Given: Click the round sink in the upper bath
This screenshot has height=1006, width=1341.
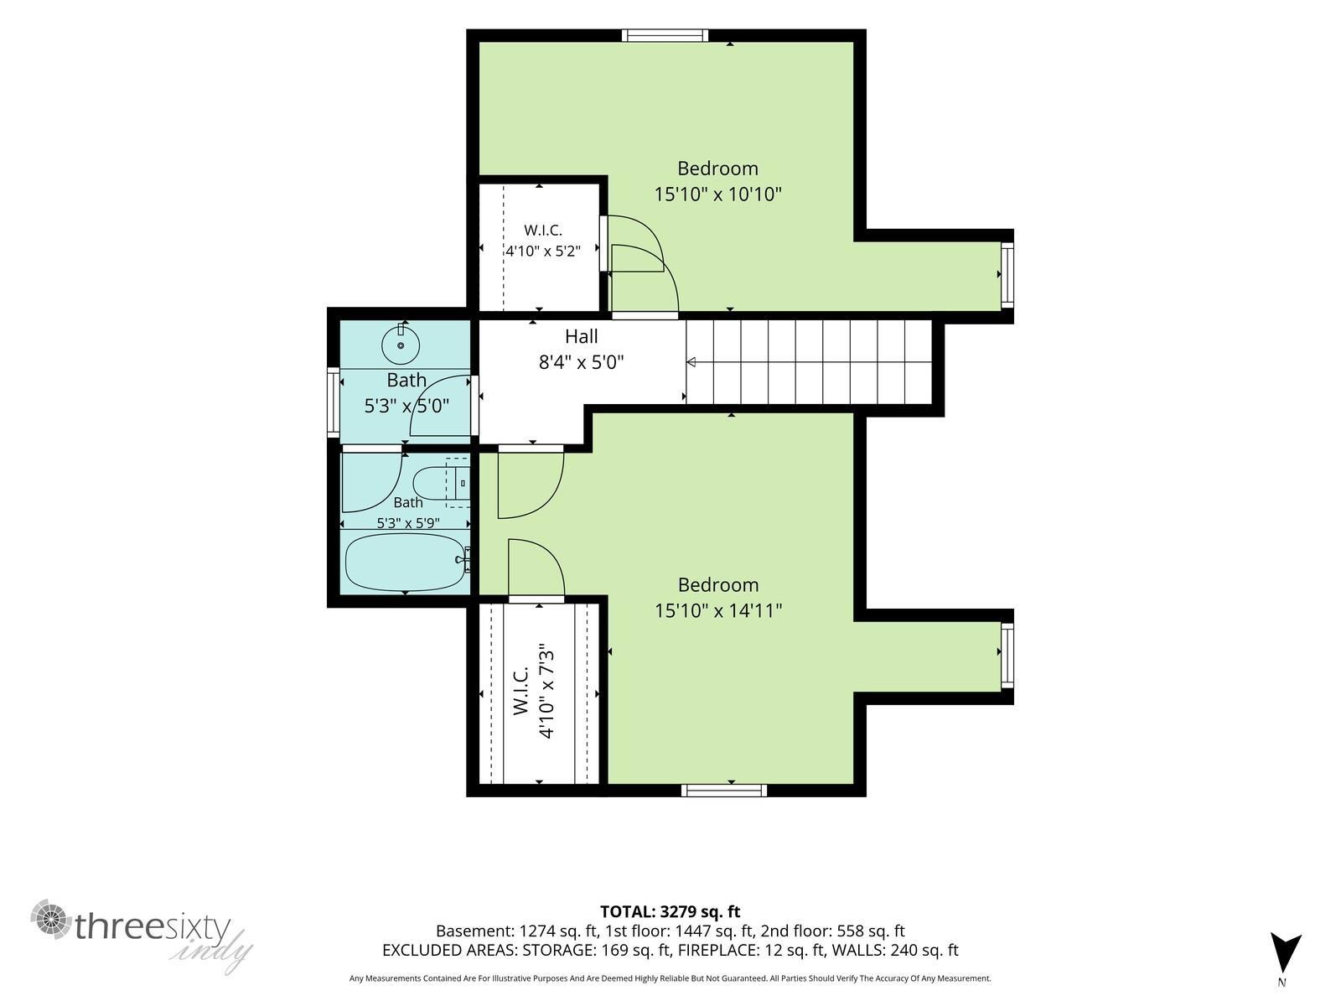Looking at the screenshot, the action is point(401,345).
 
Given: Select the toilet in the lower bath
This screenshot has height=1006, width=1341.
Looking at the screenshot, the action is point(441,483).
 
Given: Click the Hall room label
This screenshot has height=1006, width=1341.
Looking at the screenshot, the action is point(581,336).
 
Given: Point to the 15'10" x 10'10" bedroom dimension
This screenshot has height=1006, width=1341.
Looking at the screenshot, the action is point(717,194).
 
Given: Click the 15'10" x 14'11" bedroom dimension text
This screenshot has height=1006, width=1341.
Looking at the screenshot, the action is point(718,610).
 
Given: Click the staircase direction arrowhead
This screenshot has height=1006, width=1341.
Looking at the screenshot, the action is point(691,362).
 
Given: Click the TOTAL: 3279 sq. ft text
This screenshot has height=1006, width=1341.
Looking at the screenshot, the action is point(670,911).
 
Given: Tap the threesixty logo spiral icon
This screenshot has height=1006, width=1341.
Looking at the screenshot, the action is point(51,919).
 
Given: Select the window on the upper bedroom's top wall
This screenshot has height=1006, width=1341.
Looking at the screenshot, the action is point(665,35).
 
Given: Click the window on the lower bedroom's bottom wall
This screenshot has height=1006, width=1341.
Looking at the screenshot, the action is point(724,791).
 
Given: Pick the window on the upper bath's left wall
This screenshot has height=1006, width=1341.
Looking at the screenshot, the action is point(334,402).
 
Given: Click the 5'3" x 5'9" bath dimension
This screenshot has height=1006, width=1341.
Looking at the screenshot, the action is point(408,523).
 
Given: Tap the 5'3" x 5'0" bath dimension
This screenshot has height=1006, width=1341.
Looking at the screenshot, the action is point(406,406).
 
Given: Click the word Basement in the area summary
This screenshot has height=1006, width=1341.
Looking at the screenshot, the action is point(474,931).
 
